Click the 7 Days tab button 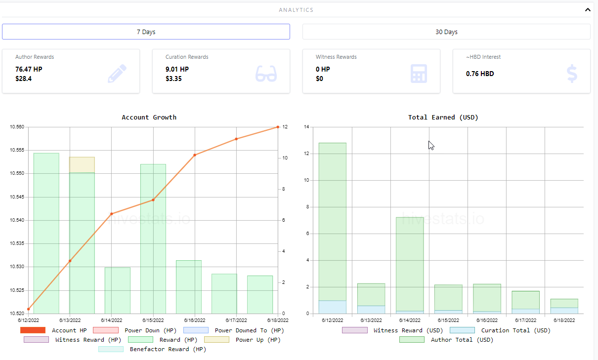[x=146, y=32]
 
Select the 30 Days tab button [x=446, y=32]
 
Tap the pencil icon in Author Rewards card [x=117, y=73]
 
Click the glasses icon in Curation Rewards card [x=266, y=73]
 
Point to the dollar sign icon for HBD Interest [x=572, y=73]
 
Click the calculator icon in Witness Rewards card [x=419, y=73]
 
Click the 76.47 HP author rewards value [x=29, y=69]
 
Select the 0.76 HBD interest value [x=480, y=74]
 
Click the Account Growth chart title [x=149, y=118]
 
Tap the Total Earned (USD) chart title [x=443, y=118]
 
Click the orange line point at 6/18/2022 [x=278, y=127]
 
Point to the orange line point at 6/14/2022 [x=112, y=214]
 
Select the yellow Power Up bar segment [x=82, y=165]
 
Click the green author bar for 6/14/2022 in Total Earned [x=410, y=264]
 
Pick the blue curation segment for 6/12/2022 [x=333, y=307]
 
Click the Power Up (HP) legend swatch [x=216, y=340]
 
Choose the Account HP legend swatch [x=33, y=330]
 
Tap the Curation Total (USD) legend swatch [x=462, y=330]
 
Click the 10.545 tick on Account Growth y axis [x=17, y=197]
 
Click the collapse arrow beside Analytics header [x=588, y=10]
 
